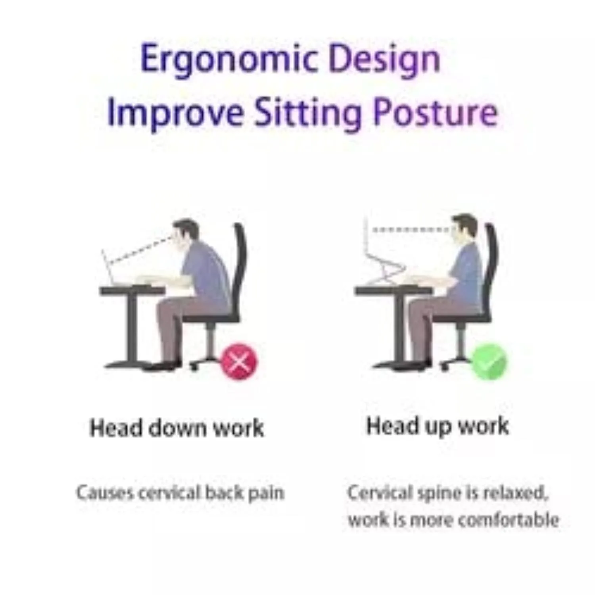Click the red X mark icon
(238, 361)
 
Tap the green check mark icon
(489, 361)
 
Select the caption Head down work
(177, 428)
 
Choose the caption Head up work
(437, 426)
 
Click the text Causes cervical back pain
(180, 493)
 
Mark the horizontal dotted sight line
(411, 229)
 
